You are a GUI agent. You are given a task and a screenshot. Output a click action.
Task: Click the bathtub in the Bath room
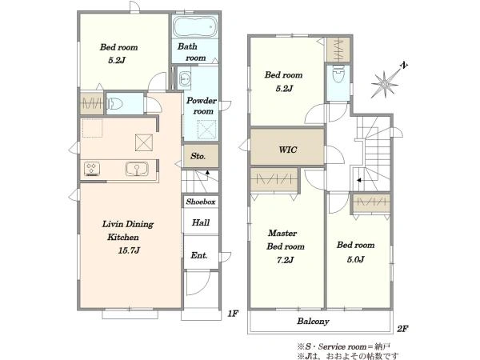tap(195, 26)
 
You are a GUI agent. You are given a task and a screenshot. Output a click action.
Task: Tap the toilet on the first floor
tap(114, 103)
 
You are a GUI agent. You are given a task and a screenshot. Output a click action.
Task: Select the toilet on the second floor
tap(338, 73)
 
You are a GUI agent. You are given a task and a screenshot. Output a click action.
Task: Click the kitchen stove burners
tap(92, 169)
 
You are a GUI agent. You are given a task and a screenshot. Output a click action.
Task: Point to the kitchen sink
tap(137, 169)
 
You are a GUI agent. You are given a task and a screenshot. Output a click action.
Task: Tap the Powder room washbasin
tap(184, 78)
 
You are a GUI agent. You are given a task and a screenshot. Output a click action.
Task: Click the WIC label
tap(288, 150)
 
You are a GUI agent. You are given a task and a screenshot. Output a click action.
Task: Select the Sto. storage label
tap(198, 156)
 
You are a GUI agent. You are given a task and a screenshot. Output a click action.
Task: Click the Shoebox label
tap(201, 202)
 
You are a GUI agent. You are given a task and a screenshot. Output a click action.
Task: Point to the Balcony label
tap(313, 321)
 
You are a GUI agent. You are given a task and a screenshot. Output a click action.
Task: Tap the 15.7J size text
tap(129, 250)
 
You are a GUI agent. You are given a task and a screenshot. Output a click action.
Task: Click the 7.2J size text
tap(285, 260)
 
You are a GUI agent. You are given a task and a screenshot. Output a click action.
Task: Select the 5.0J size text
tap(355, 259)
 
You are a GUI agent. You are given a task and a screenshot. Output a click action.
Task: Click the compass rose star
tap(385, 83)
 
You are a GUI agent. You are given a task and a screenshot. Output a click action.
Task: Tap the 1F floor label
tap(233, 314)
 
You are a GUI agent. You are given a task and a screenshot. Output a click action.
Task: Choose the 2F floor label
tap(402, 329)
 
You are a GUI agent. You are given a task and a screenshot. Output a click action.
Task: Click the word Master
tap(282, 234)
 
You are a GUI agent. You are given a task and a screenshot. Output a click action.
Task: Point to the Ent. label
tap(199, 255)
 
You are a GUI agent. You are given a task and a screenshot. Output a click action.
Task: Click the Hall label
tap(201, 222)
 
